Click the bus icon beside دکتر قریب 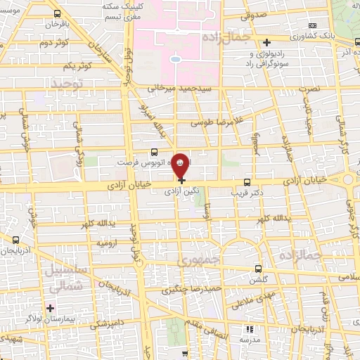(x=247, y=181)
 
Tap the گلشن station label (x=255, y=279)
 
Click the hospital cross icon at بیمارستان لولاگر (x=49, y=307)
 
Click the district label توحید (x=67, y=84)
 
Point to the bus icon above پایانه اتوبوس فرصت (x=154, y=150)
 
